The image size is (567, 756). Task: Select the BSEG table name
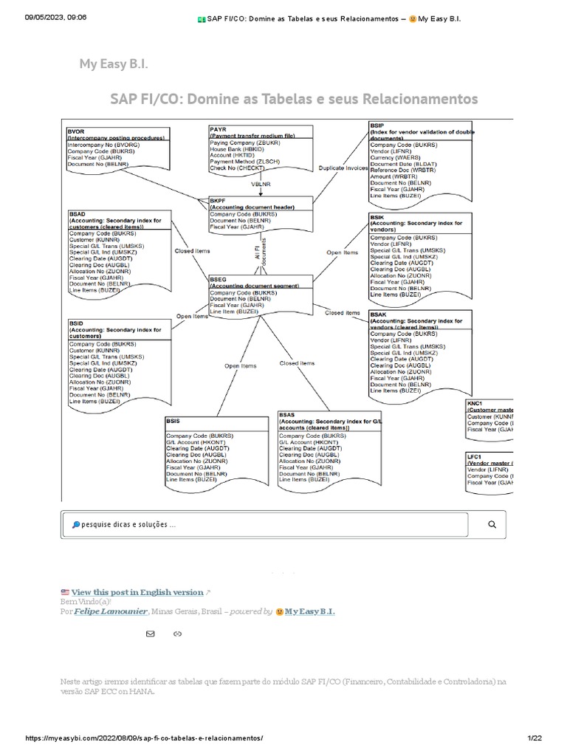pyautogui.click(x=219, y=279)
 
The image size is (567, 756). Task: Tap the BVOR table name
pyautogui.click(x=77, y=131)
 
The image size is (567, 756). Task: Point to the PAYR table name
pyautogui.click(x=219, y=130)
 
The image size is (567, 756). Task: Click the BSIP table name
pyautogui.click(x=377, y=126)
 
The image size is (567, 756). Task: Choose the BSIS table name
pyautogui.click(x=175, y=420)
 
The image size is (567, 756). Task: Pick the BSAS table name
pyautogui.click(x=287, y=416)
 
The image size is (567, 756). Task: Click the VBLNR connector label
pyautogui.click(x=261, y=183)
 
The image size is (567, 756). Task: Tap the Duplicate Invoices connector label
pyautogui.click(x=343, y=168)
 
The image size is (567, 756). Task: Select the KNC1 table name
pyautogui.click(x=475, y=404)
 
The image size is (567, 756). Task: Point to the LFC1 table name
pyautogui.click(x=475, y=456)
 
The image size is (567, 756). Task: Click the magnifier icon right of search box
pyautogui.click(x=492, y=524)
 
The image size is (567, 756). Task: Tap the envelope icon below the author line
pyautogui.click(x=151, y=633)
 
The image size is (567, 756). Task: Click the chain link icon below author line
pyautogui.click(x=177, y=633)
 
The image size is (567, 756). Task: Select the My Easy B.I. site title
pyautogui.click(x=114, y=64)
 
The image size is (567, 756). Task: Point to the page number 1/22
pyautogui.click(x=535, y=738)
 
